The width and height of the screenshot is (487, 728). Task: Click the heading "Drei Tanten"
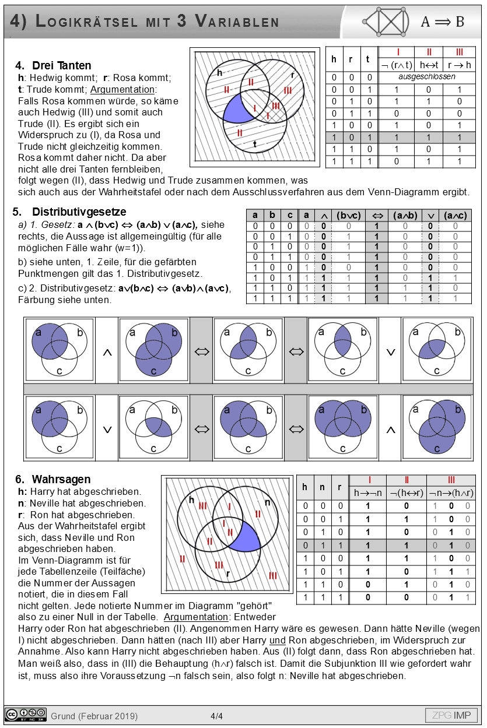61,65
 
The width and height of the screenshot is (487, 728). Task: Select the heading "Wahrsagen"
61,479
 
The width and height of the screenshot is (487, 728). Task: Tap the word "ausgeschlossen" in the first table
427,77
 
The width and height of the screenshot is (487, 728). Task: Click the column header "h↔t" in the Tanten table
429,65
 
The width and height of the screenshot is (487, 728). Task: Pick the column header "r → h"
459,65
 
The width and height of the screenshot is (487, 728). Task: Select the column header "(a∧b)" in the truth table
405,214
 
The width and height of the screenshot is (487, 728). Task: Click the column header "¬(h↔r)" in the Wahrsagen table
407,493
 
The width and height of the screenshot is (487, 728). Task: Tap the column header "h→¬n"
369,493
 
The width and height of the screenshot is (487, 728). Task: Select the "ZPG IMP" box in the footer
451,715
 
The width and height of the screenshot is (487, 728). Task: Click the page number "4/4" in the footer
216,716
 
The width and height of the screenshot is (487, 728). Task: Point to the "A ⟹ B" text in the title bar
442,22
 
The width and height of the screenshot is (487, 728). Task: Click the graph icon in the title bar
386,22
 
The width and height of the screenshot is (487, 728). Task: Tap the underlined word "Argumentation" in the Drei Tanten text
122,89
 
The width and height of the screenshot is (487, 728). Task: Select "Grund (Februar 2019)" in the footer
94,716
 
